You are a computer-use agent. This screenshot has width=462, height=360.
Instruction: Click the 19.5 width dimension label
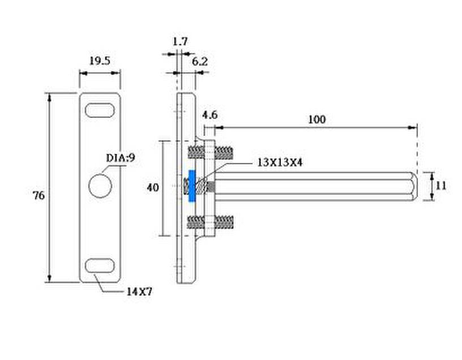pos(100,61)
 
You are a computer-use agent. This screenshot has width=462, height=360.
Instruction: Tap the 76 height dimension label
pos(38,195)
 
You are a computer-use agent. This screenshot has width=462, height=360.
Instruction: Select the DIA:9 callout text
pos(121,158)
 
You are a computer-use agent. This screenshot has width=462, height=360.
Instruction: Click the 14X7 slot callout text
pos(139,292)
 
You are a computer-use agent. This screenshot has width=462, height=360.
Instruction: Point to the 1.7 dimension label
pos(180,41)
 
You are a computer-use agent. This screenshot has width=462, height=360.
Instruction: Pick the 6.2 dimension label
pos(200,62)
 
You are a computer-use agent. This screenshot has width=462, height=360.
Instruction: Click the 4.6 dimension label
pos(210,115)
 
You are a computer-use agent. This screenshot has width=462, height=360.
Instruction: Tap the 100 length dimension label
pos(316,119)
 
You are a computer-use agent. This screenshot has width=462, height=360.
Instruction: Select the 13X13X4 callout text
pos(280,162)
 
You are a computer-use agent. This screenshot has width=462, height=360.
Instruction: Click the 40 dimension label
pos(153,187)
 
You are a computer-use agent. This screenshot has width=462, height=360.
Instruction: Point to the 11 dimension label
pos(441,186)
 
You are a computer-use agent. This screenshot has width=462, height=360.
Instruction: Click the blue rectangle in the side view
pos(192,186)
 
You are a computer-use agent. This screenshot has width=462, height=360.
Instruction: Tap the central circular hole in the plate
pos(100,186)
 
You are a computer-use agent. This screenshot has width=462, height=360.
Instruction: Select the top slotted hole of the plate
pos(100,110)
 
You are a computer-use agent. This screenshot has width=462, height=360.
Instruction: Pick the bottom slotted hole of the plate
pos(100,265)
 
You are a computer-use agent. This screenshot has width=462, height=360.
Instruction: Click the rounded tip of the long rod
pos(414,186)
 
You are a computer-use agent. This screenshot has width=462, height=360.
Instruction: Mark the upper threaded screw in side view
pos(211,152)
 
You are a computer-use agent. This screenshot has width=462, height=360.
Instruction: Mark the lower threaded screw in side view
pos(211,222)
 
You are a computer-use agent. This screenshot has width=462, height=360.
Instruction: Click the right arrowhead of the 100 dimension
pos(413,127)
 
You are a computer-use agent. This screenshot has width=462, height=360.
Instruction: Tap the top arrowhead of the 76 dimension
pos(49,97)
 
